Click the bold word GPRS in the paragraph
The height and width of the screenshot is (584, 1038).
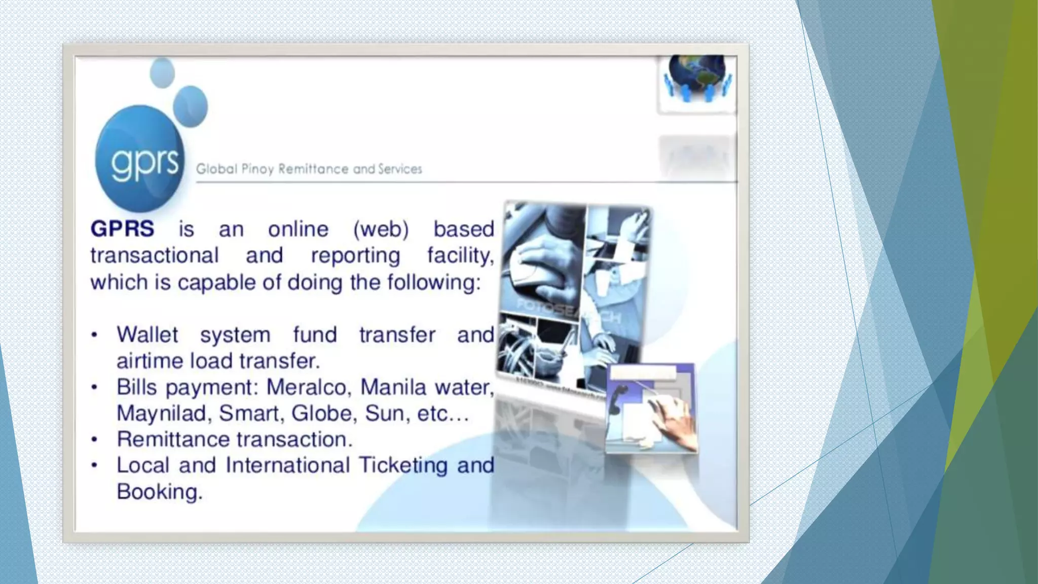coord(122,229)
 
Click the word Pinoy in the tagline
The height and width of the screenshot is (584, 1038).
coord(257,169)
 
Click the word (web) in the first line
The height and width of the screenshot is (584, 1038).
coord(381,229)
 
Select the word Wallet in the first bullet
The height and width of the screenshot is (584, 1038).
coord(147,335)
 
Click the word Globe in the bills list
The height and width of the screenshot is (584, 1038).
coord(321,414)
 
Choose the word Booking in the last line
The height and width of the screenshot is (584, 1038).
coord(159,492)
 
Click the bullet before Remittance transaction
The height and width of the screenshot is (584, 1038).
coord(94,440)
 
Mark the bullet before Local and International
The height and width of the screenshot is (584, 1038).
coord(94,465)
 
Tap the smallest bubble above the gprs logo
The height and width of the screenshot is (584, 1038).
coord(162,72)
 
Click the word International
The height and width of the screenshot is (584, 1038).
coord(287,465)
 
